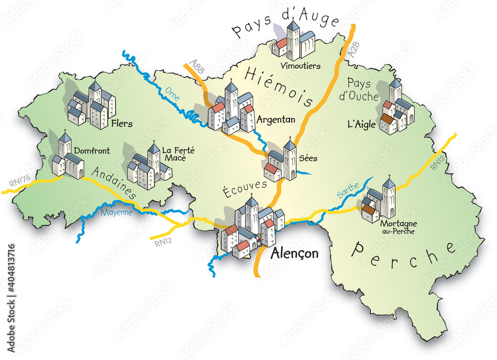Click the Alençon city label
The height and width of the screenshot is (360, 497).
pyautogui.click(x=294, y=254)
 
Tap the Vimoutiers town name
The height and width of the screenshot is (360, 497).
pyautogui.click(x=300, y=66)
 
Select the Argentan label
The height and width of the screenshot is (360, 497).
pyautogui.click(x=276, y=120)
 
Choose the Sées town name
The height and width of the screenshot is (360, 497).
pyautogui.click(x=308, y=159)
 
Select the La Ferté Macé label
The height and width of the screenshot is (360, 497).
pyautogui.click(x=173, y=154)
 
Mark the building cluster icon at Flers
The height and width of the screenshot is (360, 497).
pyautogui.click(x=91, y=105)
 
